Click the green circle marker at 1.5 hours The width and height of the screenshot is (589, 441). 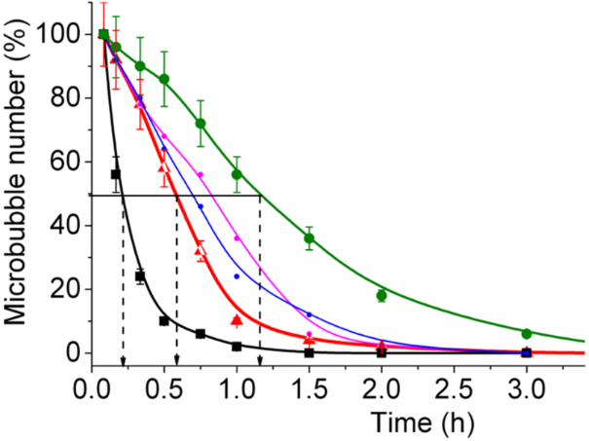pos(310,239)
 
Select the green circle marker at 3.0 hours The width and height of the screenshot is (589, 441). pos(527,334)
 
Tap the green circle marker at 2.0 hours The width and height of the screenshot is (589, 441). pos(382,295)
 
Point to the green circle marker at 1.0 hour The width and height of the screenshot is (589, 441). pos(237,174)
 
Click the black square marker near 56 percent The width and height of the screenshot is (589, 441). pos(116,174)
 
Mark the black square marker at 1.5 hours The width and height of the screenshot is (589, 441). pos(310,352)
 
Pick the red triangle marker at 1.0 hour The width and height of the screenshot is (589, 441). pos(237,319)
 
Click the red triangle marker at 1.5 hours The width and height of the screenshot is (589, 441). pos(310,339)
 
